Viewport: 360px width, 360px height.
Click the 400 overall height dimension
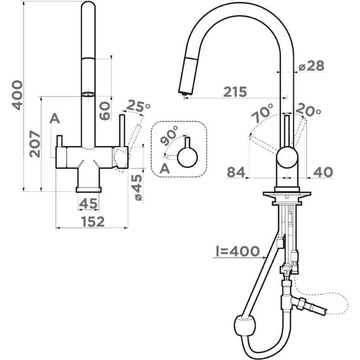point(17,95)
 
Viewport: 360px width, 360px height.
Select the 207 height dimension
point(35,144)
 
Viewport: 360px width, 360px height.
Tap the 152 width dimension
point(93,222)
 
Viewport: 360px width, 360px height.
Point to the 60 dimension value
point(105,111)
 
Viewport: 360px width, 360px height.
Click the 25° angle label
point(138,106)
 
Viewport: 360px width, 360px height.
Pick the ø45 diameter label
point(138,188)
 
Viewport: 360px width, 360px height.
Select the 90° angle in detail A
point(169,135)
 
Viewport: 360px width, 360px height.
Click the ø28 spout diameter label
point(311,66)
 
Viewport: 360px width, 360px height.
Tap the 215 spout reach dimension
point(235,92)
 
